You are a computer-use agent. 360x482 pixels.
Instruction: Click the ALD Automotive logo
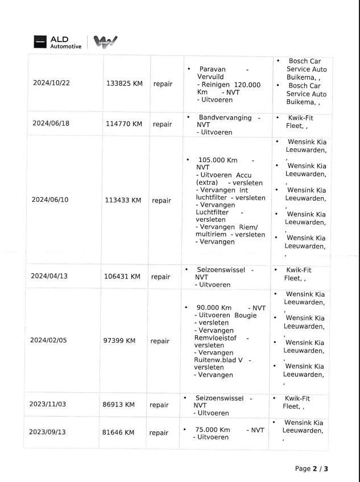(x=57, y=42)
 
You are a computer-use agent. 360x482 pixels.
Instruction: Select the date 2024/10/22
(x=51, y=83)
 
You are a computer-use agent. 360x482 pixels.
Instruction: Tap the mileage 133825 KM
(x=124, y=84)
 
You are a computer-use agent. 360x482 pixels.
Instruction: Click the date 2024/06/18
(x=51, y=123)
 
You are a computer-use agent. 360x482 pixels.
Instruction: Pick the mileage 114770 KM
(x=123, y=124)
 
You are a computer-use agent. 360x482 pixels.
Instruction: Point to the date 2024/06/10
(x=49, y=200)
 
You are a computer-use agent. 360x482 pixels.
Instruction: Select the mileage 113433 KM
(x=123, y=200)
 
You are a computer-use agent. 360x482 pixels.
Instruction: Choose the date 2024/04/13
(x=49, y=276)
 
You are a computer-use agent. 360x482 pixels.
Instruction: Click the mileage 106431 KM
(x=122, y=277)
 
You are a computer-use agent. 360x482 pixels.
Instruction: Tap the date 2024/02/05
(x=48, y=340)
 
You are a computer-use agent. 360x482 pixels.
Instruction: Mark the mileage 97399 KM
(x=119, y=341)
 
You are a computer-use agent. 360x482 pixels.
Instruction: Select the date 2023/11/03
(x=47, y=404)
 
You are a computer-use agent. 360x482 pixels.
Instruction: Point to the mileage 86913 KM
(x=118, y=405)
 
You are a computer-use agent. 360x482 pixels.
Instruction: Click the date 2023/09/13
(x=47, y=432)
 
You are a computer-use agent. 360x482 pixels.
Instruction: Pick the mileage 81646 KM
(x=118, y=433)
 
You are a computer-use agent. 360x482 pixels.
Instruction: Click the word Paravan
(x=212, y=69)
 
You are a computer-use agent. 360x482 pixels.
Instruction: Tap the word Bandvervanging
(x=225, y=118)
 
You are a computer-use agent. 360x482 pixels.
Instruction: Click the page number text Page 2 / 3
(x=312, y=468)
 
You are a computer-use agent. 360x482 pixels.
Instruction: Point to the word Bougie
(x=245, y=315)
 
